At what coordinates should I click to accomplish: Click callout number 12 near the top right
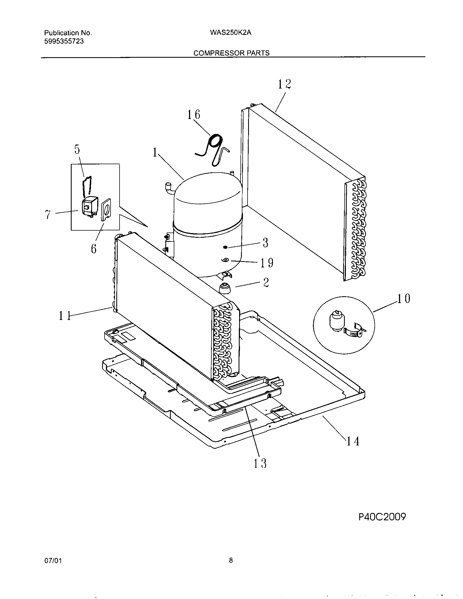click(284, 84)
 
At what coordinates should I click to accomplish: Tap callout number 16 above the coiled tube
click(194, 115)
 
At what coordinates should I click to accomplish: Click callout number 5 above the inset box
click(77, 149)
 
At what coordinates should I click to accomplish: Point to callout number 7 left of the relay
click(48, 215)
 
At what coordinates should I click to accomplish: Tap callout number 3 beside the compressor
click(265, 243)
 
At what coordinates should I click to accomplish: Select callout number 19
click(266, 263)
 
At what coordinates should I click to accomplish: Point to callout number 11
click(65, 316)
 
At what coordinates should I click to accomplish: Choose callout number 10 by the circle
click(404, 298)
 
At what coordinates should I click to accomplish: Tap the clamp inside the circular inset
click(355, 331)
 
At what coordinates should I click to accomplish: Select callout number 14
click(353, 441)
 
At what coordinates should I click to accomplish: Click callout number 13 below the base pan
click(260, 463)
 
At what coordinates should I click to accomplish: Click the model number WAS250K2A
click(231, 33)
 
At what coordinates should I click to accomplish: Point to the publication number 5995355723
click(64, 41)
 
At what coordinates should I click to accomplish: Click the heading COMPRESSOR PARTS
click(231, 53)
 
